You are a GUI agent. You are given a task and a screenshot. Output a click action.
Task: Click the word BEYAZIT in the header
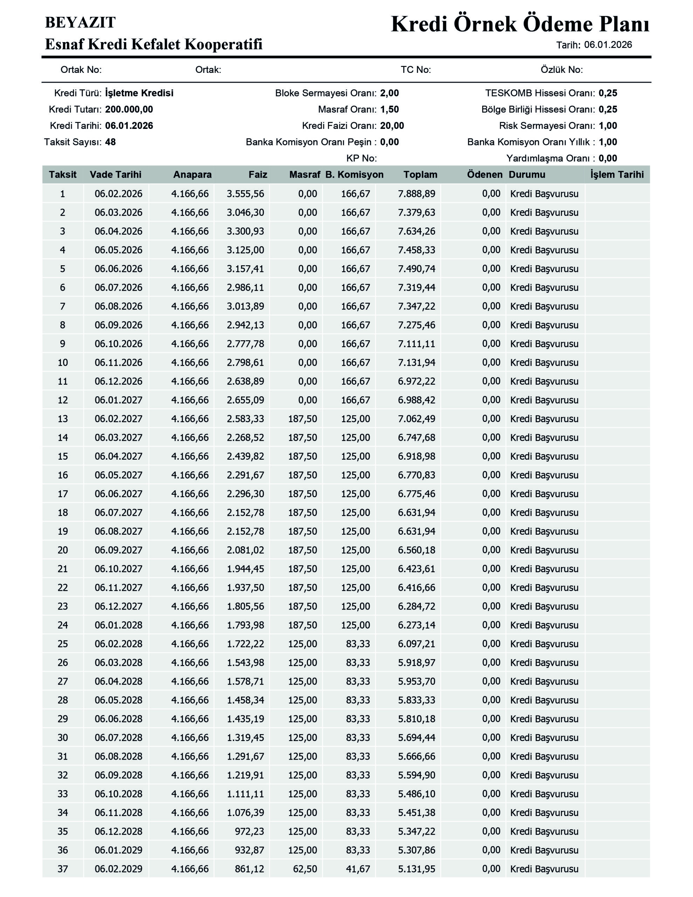80,22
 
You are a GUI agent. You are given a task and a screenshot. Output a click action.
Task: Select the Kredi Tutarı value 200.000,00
129,109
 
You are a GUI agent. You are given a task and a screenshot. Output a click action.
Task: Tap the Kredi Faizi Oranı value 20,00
392,126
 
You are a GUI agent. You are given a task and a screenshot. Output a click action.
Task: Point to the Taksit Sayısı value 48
110,142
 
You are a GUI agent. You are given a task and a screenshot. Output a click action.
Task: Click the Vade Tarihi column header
115,174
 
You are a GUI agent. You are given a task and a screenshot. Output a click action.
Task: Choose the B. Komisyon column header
354,174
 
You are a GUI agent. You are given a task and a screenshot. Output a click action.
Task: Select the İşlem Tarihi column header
617,174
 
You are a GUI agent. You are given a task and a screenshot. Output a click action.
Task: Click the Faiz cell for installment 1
245,194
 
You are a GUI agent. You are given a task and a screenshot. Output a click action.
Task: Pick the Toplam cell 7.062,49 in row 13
416,419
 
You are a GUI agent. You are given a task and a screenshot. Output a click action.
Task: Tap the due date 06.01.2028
118,625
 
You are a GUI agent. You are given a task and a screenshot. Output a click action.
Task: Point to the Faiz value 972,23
249,831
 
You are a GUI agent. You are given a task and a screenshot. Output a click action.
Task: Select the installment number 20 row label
62,550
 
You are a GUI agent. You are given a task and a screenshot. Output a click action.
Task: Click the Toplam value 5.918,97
416,663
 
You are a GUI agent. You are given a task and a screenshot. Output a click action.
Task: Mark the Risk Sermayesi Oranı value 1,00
608,126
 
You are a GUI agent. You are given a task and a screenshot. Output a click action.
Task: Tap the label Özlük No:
561,70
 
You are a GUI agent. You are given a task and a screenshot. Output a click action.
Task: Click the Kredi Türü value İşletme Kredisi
139,93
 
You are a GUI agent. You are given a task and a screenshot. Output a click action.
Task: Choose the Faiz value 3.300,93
245,231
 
